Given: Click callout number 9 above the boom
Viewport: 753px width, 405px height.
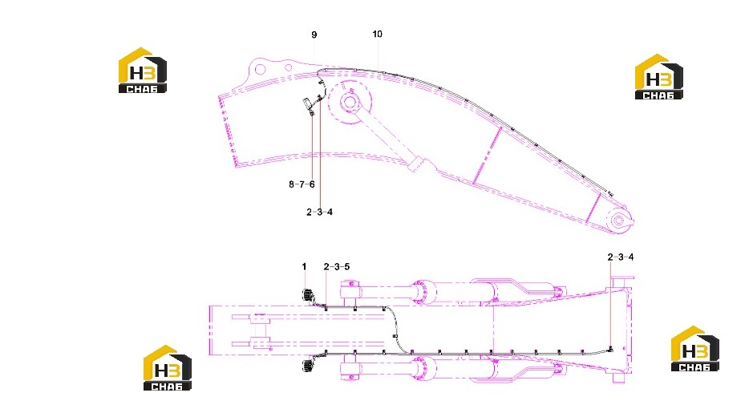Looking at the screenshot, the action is [314, 34].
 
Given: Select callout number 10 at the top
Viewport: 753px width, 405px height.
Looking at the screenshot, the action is [378, 34].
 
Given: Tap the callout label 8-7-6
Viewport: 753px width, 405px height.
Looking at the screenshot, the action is [302, 184].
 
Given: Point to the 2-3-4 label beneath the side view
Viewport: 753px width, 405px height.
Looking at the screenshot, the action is [319, 212].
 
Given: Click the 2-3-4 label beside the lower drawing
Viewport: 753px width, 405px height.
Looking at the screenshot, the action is [621, 257].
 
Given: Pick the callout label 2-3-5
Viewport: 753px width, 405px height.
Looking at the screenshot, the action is [337, 266].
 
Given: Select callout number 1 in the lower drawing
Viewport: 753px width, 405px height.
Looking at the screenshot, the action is [304, 266].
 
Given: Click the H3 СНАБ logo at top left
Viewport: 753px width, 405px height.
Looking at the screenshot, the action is [143, 70].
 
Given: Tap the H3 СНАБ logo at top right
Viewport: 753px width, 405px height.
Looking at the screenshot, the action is [659, 77].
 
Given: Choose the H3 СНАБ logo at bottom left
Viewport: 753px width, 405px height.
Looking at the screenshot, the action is [168, 367].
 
